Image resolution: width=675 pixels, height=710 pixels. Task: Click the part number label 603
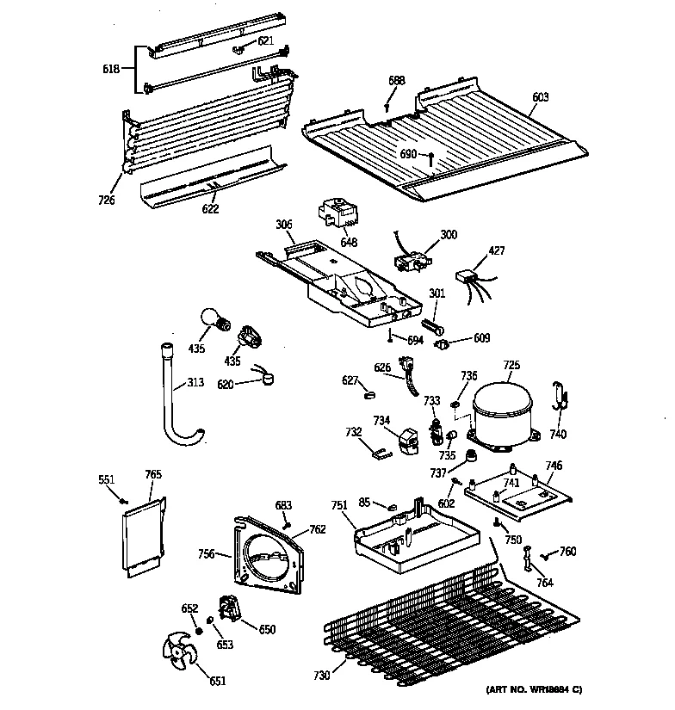[x=540, y=97]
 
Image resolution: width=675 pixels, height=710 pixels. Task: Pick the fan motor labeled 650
[x=230, y=609]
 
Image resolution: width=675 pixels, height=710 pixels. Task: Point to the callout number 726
[x=107, y=200]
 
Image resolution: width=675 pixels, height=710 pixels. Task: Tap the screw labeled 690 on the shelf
[x=431, y=159]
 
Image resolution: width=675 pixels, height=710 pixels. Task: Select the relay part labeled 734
[x=405, y=439]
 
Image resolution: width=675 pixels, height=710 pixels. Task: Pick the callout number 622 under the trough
[x=210, y=208]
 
